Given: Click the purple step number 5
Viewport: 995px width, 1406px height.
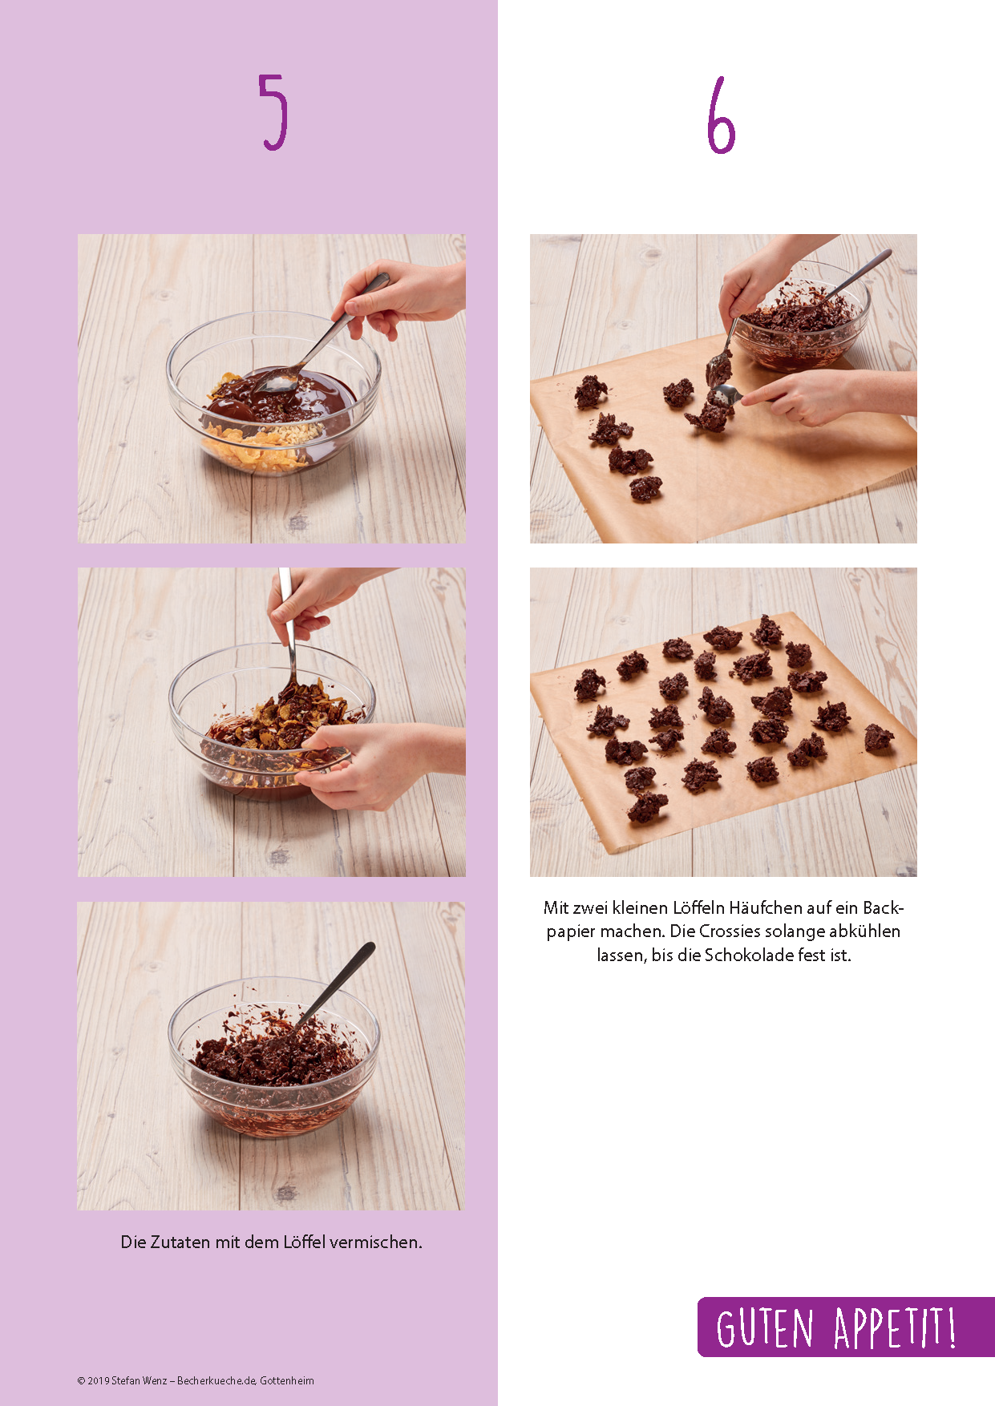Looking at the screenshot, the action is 273,111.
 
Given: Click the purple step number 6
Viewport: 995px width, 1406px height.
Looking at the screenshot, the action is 721,115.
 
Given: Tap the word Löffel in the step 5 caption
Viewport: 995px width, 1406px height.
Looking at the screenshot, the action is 304,1242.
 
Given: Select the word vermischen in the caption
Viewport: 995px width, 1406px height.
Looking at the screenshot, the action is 375,1242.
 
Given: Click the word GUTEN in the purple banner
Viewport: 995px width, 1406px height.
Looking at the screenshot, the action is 765,1328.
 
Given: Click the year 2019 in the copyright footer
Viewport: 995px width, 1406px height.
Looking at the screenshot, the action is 99,1380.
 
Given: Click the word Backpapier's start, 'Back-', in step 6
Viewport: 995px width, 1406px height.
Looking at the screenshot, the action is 884,907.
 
